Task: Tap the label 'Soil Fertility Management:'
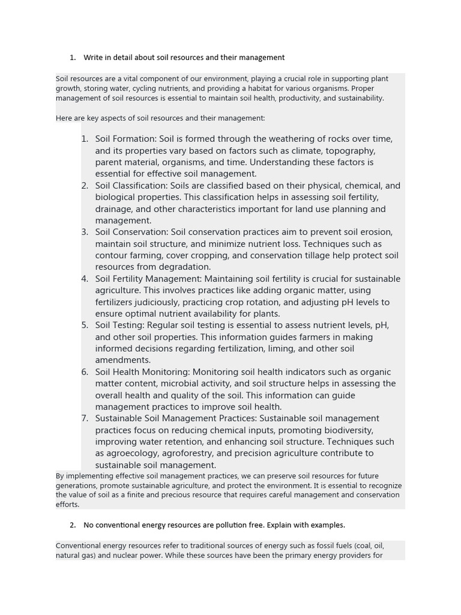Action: pos(148,279)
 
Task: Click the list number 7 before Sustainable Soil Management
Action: pos(85,419)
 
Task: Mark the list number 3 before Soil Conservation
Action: pos(85,232)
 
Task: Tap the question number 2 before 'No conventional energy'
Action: pos(72,525)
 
